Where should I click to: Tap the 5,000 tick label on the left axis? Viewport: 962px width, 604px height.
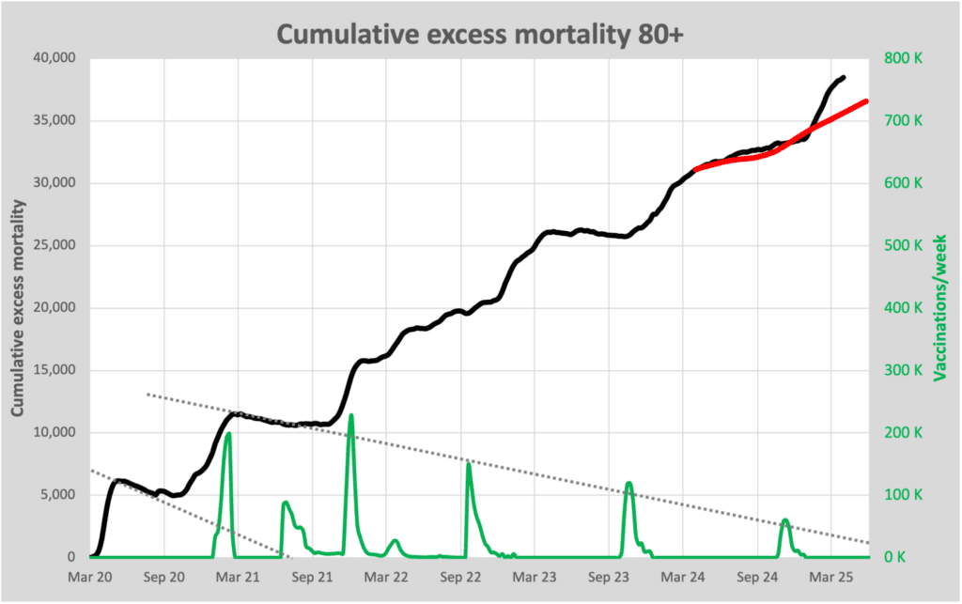point(61,495)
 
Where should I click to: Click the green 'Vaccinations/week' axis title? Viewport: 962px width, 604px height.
point(939,307)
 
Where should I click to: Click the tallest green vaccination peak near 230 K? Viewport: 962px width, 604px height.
point(351,415)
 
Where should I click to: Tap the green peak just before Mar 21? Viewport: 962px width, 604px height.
point(228,434)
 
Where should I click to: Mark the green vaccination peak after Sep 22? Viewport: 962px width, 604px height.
point(468,464)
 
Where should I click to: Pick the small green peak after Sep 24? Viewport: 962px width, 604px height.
point(785,519)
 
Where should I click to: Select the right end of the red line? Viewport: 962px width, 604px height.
point(866,101)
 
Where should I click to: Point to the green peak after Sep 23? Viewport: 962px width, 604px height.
point(628,484)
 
